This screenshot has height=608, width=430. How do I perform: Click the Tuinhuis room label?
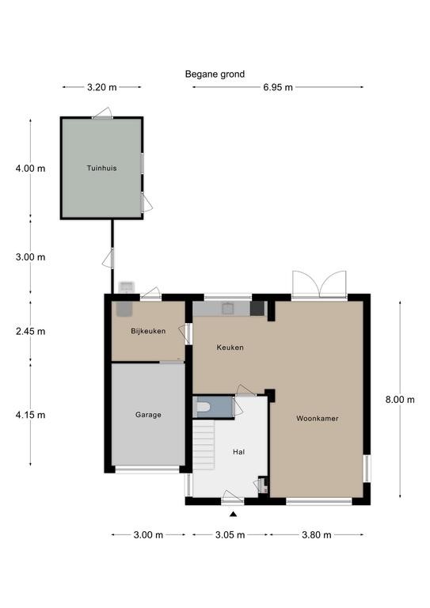point(101,169)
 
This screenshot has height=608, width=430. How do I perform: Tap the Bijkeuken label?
point(148,331)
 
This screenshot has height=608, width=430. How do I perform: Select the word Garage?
point(148,415)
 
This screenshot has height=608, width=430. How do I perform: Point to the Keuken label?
point(230,348)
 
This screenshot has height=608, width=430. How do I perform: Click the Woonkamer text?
point(318,418)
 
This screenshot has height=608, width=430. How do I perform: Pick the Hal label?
point(239,452)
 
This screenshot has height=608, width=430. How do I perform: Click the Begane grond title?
point(215,74)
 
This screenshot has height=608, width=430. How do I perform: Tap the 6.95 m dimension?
point(278,87)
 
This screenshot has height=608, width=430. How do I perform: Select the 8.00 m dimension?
point(400,399)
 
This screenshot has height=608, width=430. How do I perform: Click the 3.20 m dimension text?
point(101,87)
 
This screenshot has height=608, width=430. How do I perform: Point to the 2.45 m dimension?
point(31,332)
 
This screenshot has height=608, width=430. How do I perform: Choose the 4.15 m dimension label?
point(31,415)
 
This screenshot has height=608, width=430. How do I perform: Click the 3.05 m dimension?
point(230,535)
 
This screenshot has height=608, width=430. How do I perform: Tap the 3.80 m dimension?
point(317,535)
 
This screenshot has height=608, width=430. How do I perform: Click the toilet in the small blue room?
point(203,407)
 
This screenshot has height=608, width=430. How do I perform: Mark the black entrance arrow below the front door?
point(233,514)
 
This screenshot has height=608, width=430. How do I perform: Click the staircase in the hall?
point(204,445)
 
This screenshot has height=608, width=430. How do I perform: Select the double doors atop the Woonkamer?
point(319,284)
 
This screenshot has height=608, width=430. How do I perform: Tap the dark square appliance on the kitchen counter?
point(257,309)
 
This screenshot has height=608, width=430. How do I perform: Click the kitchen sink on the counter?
point(227,309)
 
